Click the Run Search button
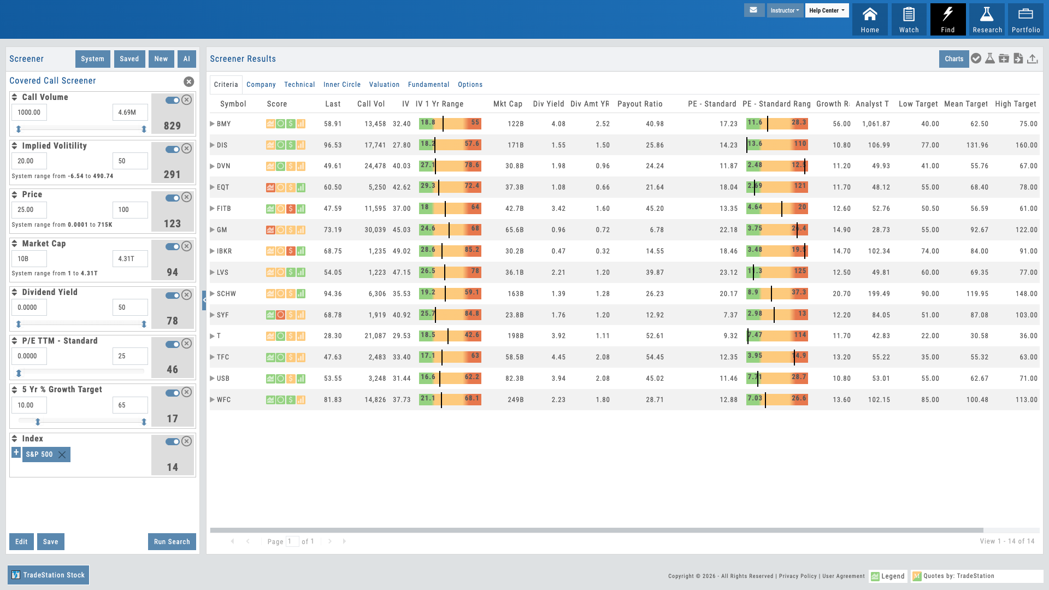[172, 541]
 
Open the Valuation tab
[384, 85]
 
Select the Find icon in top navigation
[948, 20]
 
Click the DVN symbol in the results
[223, 166]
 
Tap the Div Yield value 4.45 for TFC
[558, 357]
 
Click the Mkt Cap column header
[508, 104]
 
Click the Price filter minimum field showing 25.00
[29, 210]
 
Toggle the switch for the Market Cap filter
[173, 247]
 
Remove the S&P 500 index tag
[62, 455]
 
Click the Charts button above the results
[953, 59]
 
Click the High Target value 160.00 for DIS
[1026, 145]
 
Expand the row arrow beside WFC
[213, 400]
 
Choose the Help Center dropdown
[826, 10]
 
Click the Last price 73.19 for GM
[332, 230]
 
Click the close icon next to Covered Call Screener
[188, 81]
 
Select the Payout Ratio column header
[640, 104]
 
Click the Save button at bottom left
[50, 541]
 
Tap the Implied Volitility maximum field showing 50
[129, 161]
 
